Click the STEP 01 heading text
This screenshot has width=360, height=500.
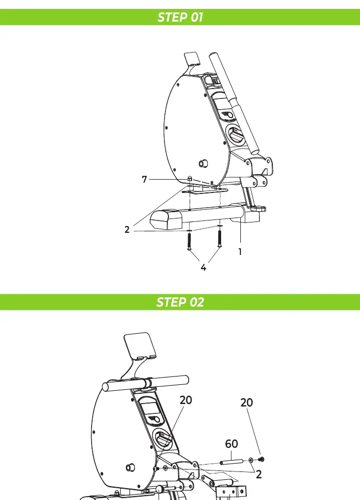[x=180, y=17]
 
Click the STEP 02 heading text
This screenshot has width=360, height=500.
[x=180, y=302]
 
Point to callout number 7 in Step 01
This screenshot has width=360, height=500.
[x=144, y=180]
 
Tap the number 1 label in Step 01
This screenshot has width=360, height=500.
[x=240, y=252]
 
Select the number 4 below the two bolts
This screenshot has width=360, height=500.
[x=203, y=268]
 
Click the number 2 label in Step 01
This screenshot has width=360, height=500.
[x=127, y=230]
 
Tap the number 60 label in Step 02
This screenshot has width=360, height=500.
[x=231, y=443]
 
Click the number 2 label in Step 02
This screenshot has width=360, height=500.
[x=259, y=474]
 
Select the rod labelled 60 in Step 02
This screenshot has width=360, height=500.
[x=231, y=462]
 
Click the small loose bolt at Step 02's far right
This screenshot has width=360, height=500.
[x=261, y=459]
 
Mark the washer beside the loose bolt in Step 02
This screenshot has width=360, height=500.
[x=251, y=460]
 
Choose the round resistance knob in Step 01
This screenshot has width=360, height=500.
[x=235, y=134]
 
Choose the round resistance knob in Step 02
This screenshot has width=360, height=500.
[x=163, y=439]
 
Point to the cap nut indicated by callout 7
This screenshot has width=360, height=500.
[x=190, y=179]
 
